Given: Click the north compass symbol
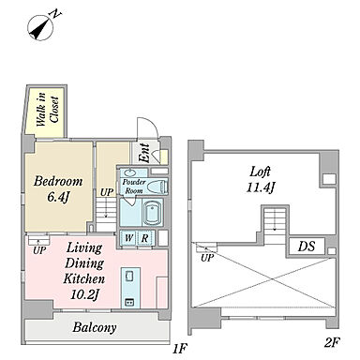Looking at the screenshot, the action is click(x=41, y=28).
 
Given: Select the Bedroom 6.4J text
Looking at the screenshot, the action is click(x=58, y=188).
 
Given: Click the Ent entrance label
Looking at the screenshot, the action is click(x=143, y=153).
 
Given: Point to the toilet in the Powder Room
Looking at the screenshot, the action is click(x=157, y=187).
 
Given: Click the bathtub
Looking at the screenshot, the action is click(x=152, y=213).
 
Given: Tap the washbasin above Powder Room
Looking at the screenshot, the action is click(x=128, y=172).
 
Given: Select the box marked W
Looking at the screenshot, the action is click(x=128, y=238).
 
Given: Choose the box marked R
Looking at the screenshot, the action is click(x=145, y=238).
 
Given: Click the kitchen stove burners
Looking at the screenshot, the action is click(x=129, y=302).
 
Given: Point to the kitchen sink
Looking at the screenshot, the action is click(x=129, y=276).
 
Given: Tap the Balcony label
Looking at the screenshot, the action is click(x=95, y=327).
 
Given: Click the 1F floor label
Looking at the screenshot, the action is click(x=180, y=348).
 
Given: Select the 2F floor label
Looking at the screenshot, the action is click(x=332, y=342).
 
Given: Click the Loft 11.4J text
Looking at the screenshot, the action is click(x=261, y=180).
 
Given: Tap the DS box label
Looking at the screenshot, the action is click(x=307, y=247).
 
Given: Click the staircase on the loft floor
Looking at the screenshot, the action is click(x=275, y=222).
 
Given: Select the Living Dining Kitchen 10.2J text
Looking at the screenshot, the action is click(x=83, y=271).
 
